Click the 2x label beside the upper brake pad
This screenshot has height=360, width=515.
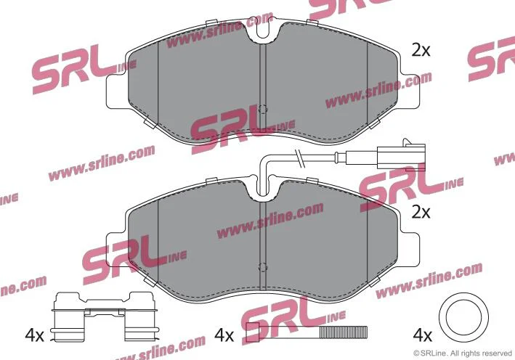tap(421, 51)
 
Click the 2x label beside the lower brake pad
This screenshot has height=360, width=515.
tap(421, 213)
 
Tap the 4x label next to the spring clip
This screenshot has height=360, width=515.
tap(34, 335)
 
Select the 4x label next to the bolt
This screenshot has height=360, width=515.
tap(224, 335)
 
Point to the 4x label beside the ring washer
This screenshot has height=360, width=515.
tap(422, 335)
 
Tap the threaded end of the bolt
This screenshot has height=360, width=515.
tap(344, 332)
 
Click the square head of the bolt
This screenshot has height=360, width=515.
tap(253, 332)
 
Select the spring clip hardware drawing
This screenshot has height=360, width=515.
tap(104, 316)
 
